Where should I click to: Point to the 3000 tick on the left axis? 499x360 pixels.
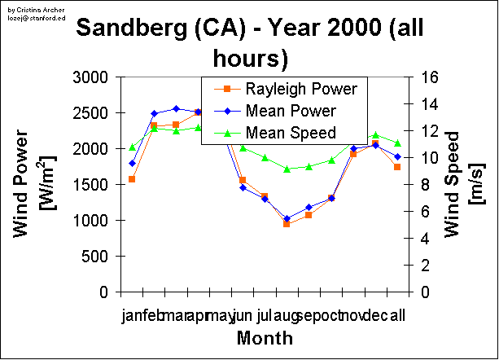[90, 77]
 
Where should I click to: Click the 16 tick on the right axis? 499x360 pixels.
[431, 77]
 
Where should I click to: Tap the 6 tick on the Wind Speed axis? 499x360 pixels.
[427, 212]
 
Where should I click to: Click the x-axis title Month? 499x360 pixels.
[260, 337]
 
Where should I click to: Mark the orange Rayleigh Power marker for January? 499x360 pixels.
[132, 179]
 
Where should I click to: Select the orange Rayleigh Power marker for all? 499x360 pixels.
[397, 167]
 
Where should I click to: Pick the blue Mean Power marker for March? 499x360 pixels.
[176, 108]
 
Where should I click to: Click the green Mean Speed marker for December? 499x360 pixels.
[375, 135]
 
